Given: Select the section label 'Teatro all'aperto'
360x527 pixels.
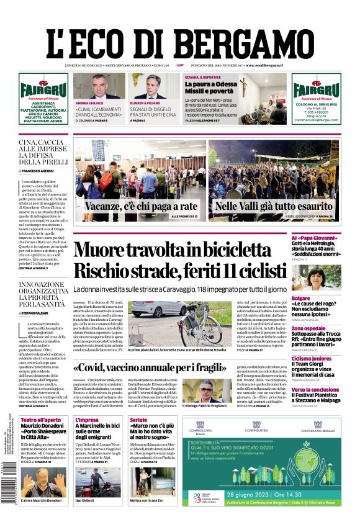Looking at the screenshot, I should (40, 420).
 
